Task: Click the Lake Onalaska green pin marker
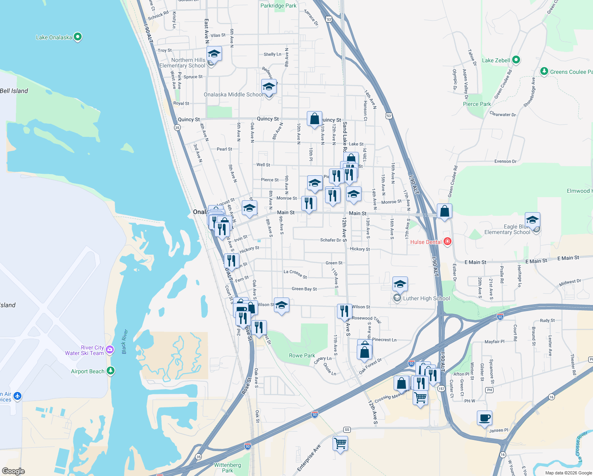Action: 78,37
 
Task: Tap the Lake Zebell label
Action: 496,60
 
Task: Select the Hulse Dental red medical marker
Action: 448,242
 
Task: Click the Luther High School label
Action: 426,298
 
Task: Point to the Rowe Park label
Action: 302,355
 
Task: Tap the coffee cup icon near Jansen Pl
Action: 484,418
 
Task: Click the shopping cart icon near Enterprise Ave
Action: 340,443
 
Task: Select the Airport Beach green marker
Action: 111,371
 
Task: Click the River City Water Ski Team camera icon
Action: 110,350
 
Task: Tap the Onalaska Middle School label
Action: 233,94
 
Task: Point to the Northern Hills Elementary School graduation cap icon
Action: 214,54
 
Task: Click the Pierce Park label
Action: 477,104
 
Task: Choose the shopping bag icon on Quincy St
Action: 314,119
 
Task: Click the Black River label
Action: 124,342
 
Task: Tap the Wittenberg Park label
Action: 228,468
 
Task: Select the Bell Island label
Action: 14,91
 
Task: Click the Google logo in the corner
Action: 13,471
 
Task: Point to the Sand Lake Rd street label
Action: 344,137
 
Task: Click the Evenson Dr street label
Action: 505,161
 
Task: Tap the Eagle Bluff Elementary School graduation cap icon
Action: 532,220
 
